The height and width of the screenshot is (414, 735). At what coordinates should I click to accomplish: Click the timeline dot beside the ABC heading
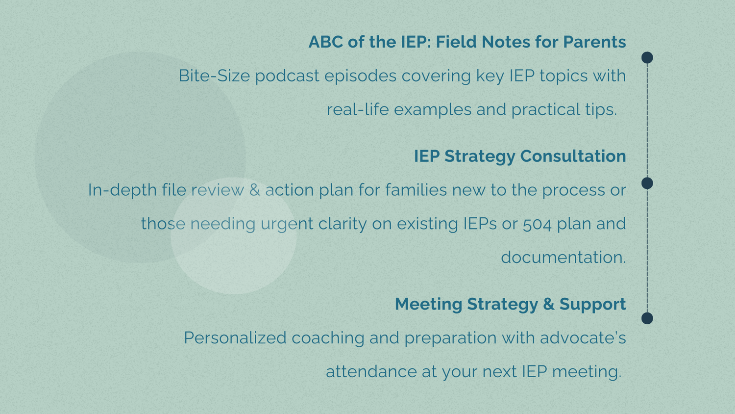point(647,58)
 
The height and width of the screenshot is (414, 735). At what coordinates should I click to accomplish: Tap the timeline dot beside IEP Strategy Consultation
point(647,183)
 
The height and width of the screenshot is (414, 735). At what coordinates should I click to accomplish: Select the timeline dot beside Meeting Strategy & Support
point(647,318)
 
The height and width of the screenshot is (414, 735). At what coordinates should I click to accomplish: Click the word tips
point(600,109)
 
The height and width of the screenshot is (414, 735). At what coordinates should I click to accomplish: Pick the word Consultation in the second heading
point(573,156)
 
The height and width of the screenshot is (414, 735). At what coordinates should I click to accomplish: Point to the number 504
point(537,224)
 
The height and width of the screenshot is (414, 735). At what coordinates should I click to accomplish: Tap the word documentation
point(563,258)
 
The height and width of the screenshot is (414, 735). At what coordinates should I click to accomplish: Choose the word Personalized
point(235,338)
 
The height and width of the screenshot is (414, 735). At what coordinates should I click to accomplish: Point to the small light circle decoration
point(234,236)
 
